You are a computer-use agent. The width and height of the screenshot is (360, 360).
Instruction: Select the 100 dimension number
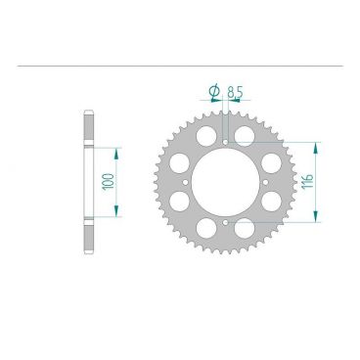pyautogui.click(x=106, y=182)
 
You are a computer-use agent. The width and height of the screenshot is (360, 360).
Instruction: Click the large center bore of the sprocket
pyautogui.click(x=225, y=182)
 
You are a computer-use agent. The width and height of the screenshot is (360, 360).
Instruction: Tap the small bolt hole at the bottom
pyautogui.click(x=225, y=223)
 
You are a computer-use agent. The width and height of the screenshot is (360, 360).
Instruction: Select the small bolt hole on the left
pyautogui.click(x=185, y=183)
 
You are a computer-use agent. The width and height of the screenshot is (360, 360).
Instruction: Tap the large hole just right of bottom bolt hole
pyautogui.click(x=248, y=229)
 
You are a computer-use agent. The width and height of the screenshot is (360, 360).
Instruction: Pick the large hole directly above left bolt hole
pyautogui.click(x=179, y=159)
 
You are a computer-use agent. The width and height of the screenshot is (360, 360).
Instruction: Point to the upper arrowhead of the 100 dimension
pyautogui.click(x=117, y=152)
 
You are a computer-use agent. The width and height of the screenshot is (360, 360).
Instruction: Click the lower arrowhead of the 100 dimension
pyautogui.click(x=117, y=213)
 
